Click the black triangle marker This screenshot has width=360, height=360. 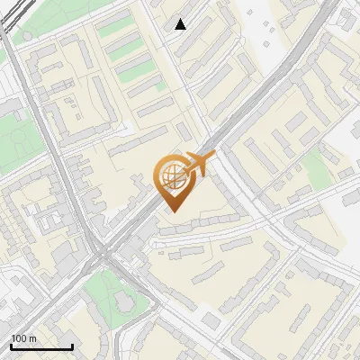pyautogui.click(x=181, y=24)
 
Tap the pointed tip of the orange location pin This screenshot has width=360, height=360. pyautogui.click(x=171, y=210)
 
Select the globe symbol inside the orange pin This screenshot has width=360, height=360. pyautogui.click(x=171, y=173)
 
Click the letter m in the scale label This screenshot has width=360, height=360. pyautogui.click(x=32, y=338)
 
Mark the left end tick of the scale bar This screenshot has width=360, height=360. pyautogui.click(x=10, y=346)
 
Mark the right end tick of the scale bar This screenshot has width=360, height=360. pyautogui.click(x=72, y=346)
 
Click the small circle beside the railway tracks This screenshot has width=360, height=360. pyautogui.click(x=28, y=37)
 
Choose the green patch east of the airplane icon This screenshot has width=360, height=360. pyautogui.click(x=315, y=166)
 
